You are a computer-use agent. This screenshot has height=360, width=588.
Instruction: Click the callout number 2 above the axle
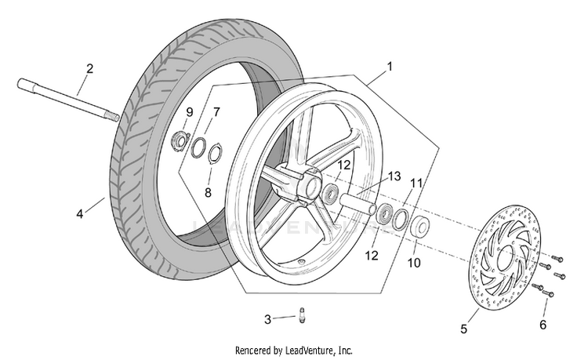pos(89,69)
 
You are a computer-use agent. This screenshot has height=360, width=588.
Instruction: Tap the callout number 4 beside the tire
pos(79,214)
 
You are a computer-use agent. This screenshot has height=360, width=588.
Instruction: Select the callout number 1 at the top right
pos(390,67)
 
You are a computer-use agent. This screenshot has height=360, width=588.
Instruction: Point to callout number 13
pos(394,176)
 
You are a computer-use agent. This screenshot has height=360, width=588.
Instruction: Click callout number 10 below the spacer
pos(414,263)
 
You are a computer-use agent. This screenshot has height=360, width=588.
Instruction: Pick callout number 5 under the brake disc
pos(464,329)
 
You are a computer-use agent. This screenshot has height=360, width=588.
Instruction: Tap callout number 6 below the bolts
pos(543,325)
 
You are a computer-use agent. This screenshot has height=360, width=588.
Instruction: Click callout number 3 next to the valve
pos(267,319)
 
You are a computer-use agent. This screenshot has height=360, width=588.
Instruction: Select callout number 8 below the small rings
pos(208,193)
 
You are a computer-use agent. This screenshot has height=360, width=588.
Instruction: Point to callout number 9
pos(190,111)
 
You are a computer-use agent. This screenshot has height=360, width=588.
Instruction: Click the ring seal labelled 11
pos(400,220)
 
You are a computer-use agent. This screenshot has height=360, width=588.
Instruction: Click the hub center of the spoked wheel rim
pos(312,184)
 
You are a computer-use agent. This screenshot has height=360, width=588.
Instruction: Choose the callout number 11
pos(416,184)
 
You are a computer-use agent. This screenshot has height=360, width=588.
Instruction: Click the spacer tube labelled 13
pos(358,204)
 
